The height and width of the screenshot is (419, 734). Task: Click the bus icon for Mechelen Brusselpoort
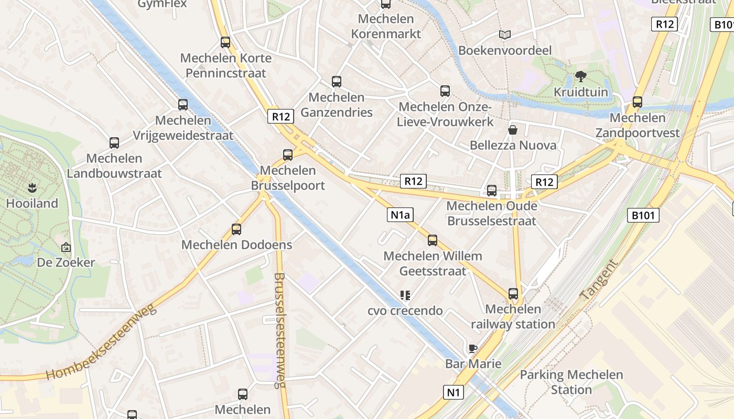[287, 155]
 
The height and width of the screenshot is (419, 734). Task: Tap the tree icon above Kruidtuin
[580, 77]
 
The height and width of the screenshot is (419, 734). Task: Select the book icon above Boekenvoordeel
[505, 35]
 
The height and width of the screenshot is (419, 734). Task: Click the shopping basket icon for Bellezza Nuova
[513, 129]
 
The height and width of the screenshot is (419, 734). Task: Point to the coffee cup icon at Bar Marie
[473, 348]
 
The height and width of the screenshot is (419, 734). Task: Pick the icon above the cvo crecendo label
[405, 295]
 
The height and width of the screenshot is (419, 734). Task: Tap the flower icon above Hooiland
[32, 188]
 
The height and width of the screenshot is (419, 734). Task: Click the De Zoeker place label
[66, 262]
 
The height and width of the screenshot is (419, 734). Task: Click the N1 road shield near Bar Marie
[454, 392]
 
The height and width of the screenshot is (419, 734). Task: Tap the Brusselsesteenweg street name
[279, 330]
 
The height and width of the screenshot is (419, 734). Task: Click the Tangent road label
[599, 280]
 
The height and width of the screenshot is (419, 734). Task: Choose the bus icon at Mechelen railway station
[513, 294]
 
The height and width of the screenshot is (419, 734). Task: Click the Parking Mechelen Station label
[571, 382]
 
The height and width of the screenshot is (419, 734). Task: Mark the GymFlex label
[162, 4]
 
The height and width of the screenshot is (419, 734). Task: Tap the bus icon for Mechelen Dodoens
[236, 229]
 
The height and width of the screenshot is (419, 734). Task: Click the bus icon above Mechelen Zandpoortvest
[638, 102]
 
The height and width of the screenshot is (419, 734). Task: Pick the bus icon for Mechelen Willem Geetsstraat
[433, 240]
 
